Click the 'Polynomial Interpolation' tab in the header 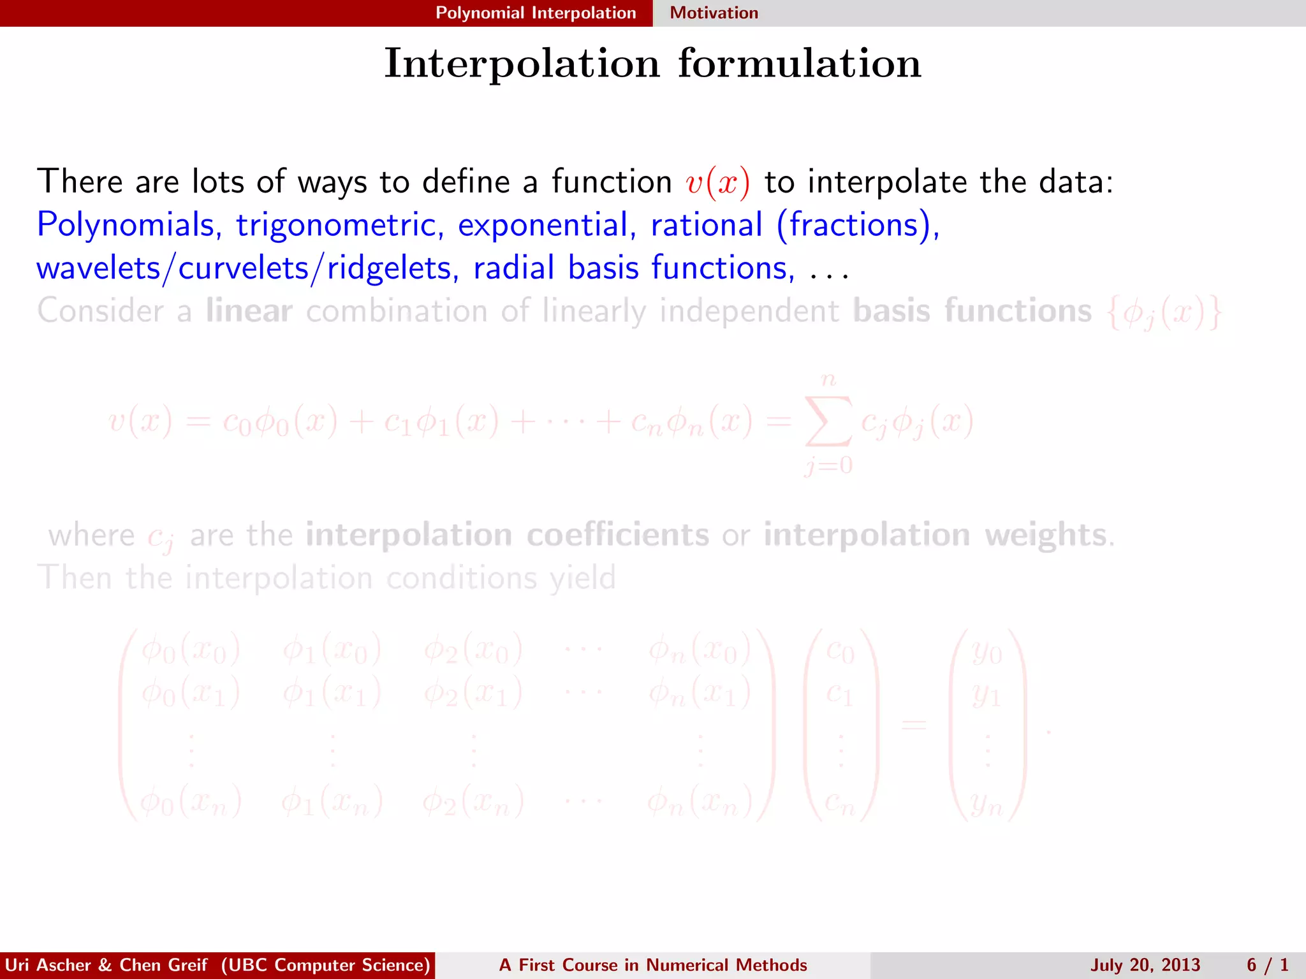(x=536, y=13)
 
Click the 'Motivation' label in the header (x=714, y=13)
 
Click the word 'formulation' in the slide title (x=799, y=64)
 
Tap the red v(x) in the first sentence (x=717, y=182)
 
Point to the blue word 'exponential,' (x=547, y=225)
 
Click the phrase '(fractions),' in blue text (x=858, y=225)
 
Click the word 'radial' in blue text (x=513, y=268)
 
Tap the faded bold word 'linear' (x=249, y=311)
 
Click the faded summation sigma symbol (x=828, y=421)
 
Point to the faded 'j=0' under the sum (x=828, y=466)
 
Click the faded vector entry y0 (x=987, y=652)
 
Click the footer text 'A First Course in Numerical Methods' (x=653, y=965)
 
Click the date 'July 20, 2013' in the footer (x=1145, y=965)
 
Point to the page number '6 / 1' (x=1268, y=965)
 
